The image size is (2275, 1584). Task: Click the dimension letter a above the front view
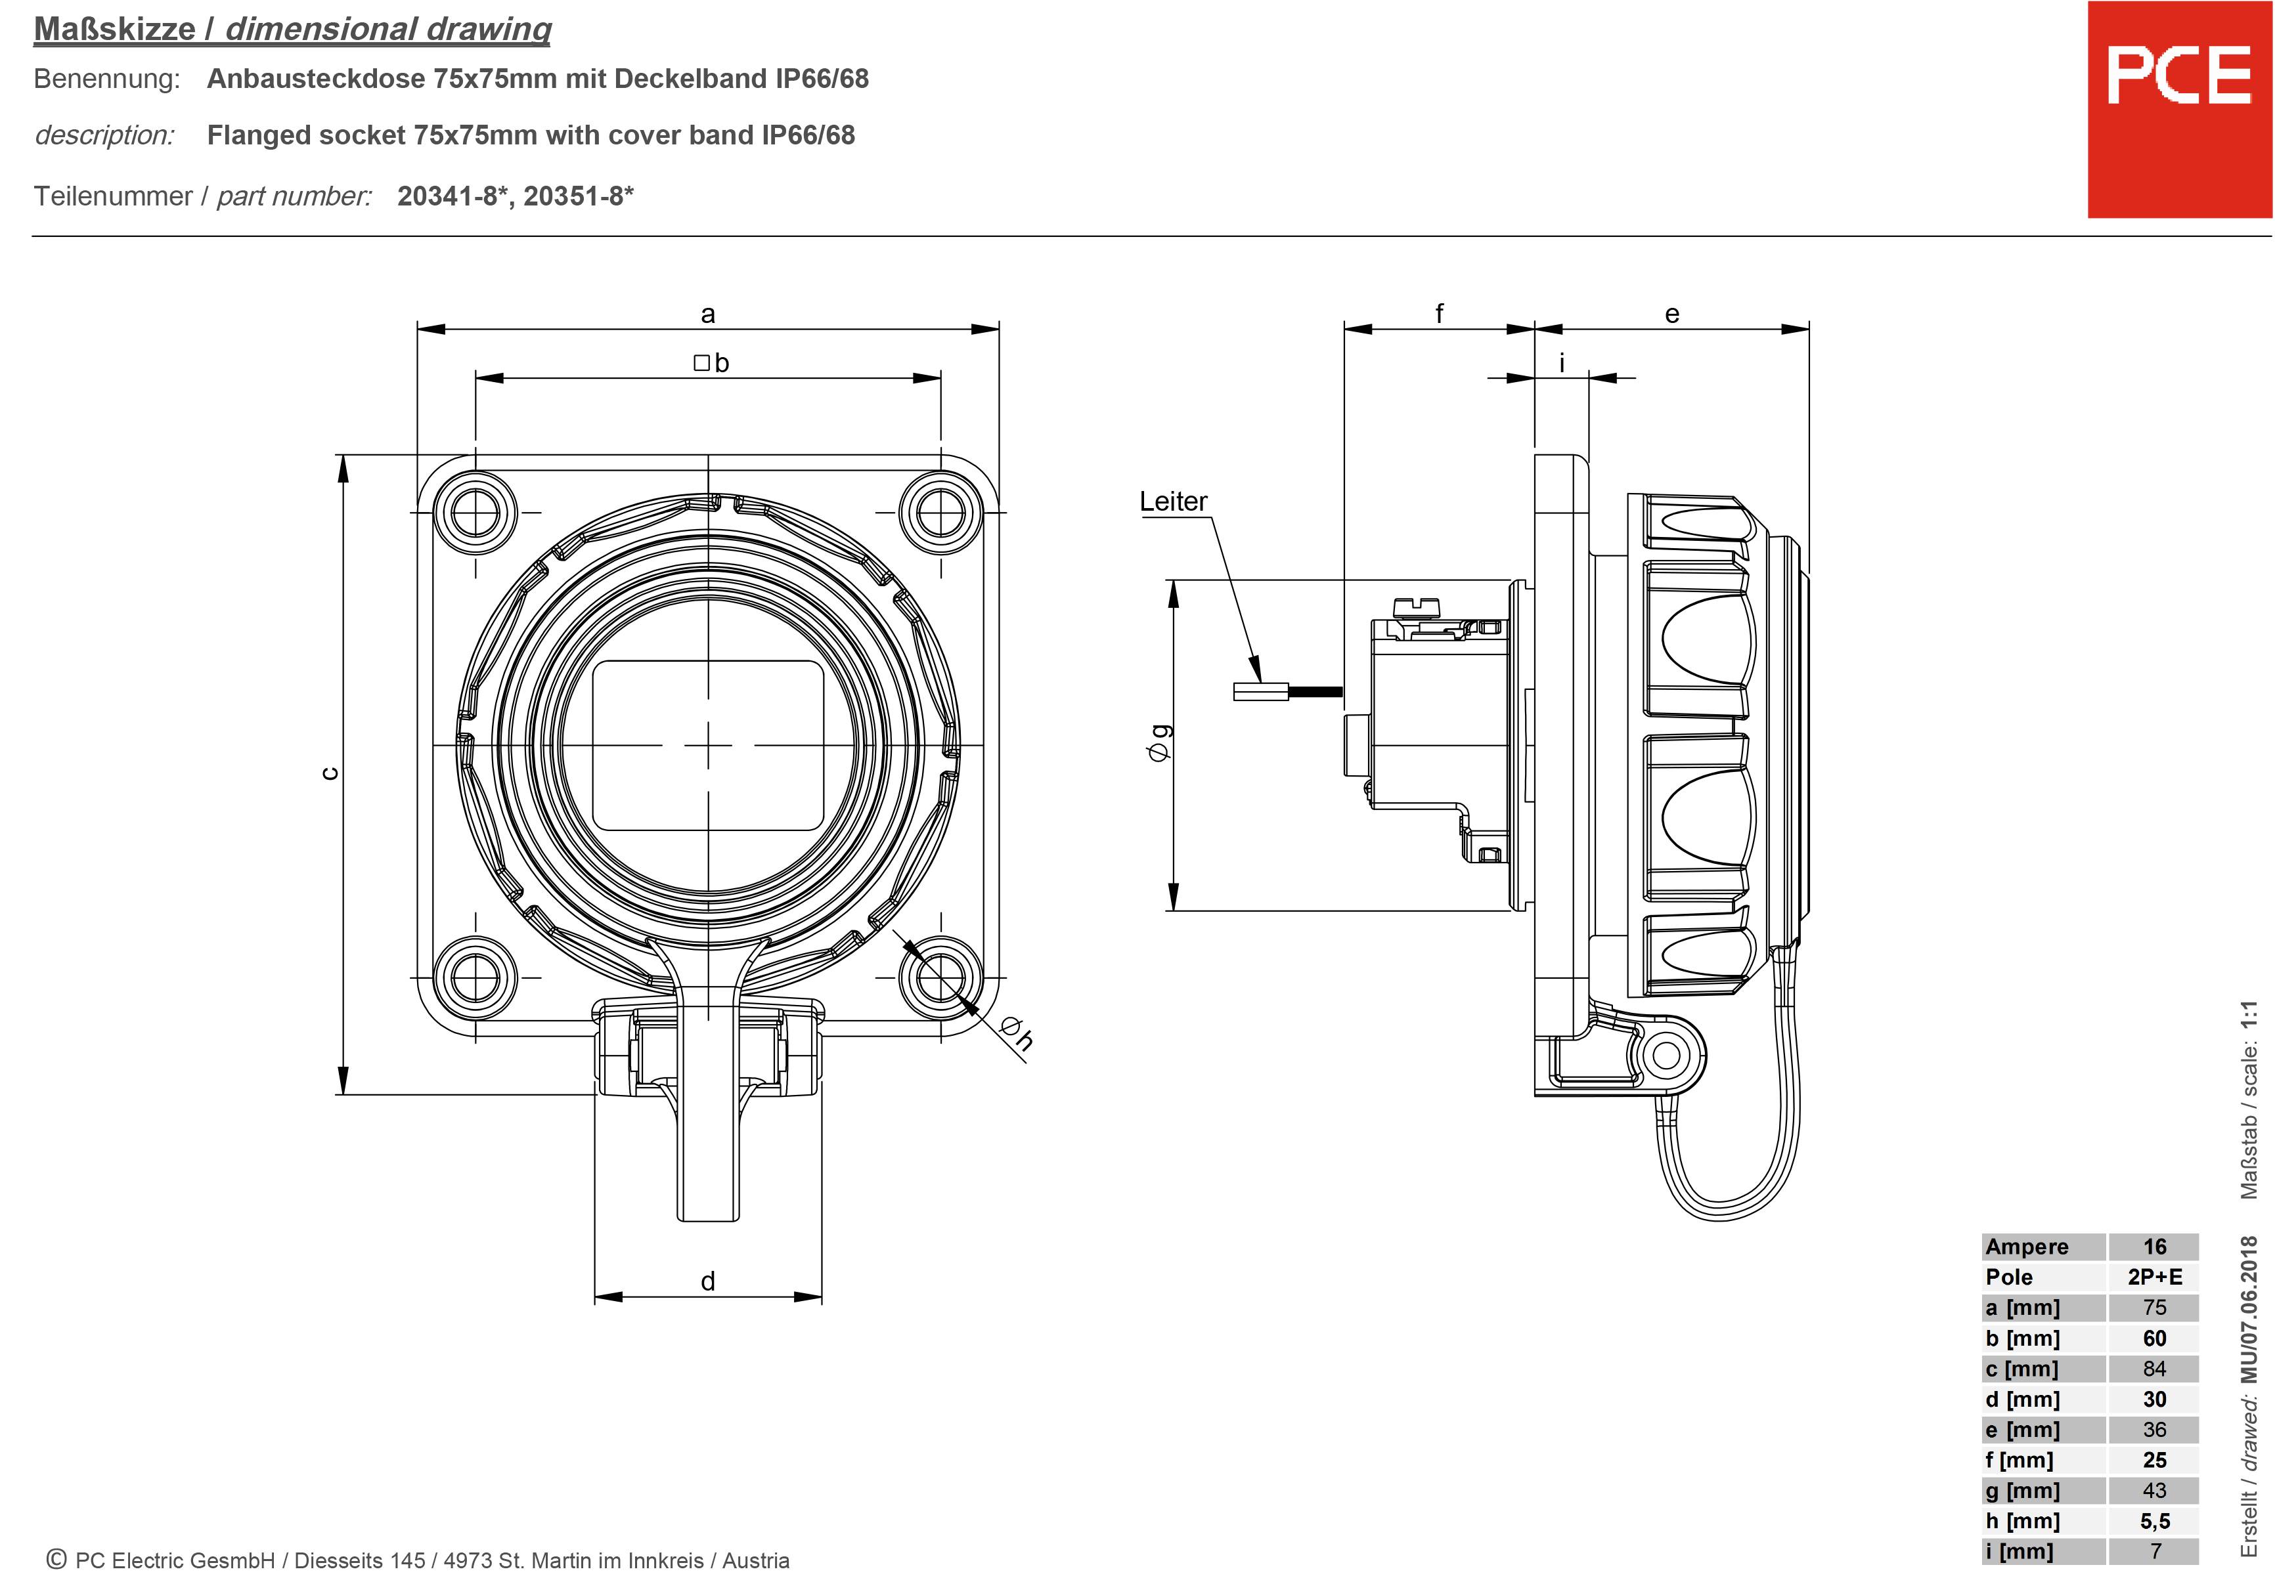pos(707,315)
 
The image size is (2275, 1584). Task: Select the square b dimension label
pos(711,364)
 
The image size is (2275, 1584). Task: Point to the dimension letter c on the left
pos(331,774)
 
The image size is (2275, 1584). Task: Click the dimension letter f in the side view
pos(1439,314)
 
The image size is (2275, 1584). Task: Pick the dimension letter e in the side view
pos(1671,315)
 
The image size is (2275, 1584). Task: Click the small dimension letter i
pos(1562,364)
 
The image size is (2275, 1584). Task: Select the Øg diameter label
pos(1159,743)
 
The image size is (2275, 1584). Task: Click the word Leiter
pos(1173,502)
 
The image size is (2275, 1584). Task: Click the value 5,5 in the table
pos(2154,1520)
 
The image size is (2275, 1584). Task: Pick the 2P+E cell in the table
pos(2154,1277)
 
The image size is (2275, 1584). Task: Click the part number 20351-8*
pos(578,196)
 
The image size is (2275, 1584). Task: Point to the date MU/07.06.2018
pos(2249,1308)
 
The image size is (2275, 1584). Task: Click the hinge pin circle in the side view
pos(1666,1055)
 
